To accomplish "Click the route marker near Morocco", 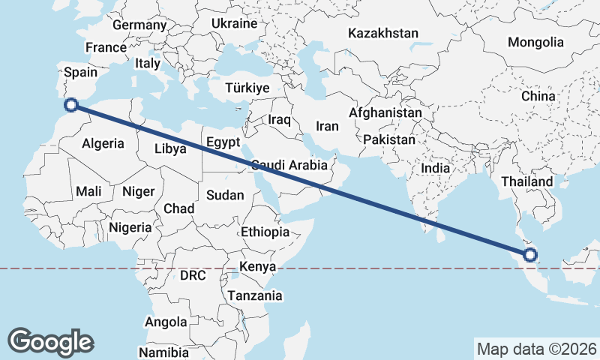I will pos(72,106).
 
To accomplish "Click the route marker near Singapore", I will pos(530,255).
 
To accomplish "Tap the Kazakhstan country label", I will pos(382,33).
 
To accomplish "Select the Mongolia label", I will pos(535,42).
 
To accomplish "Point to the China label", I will pos(538,96).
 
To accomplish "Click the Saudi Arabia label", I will pos(290,165).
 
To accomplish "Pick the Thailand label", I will pos(527,181).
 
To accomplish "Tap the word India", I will pos(435,168).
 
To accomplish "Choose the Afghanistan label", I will pos(385,112).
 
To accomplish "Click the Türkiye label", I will pos(247,88).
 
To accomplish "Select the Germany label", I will pos(139,25).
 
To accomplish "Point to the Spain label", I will pos(81,72).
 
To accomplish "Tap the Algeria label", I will pos(102,142).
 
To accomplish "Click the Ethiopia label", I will pos(265,232).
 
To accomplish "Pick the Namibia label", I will pos(164,352).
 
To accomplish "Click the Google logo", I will pos(51,341).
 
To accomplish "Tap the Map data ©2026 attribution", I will pos(536,349).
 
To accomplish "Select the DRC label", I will pos(193,275).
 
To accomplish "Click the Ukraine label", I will pos(234,23).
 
